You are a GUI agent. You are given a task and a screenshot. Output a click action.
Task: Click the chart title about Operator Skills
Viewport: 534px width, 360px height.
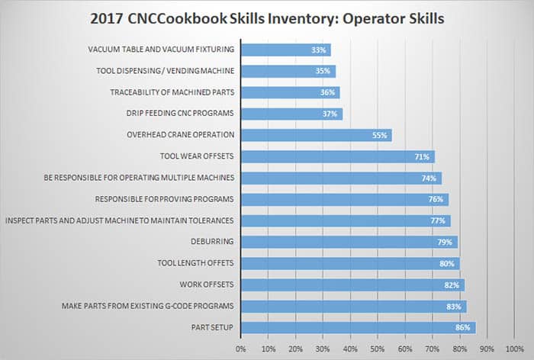pyautogui.click(x=267, y=18)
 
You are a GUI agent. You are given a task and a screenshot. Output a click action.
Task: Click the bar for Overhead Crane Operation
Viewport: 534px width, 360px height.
pyautogui.click(x=316, y=135)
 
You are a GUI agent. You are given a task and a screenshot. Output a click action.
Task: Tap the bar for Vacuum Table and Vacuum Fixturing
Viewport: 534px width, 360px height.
pyautogui.click(x=285, y=50)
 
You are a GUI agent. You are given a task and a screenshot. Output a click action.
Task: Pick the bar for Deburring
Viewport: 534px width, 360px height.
pyautogui.click(x=349, y=243)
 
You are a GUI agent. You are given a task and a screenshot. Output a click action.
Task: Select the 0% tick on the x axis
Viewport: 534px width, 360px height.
pyautogui.click(x=241, y=349)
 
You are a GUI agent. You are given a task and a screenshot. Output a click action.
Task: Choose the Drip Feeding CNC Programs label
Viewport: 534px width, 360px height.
pyautogui.click(x=180, y=114)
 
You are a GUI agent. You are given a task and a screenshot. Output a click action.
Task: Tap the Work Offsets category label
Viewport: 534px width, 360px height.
pyautogui.click(x=207, y=285)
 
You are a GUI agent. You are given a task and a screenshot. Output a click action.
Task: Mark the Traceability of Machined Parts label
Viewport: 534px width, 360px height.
pyautogui.click(x=171, y=92)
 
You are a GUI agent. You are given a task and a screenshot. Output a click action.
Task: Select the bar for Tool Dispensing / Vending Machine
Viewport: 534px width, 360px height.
pyautogui.click(x=288, y=71)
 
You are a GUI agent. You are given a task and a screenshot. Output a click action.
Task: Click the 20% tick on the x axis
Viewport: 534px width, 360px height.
pyautogui.click(x=296, y=349)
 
